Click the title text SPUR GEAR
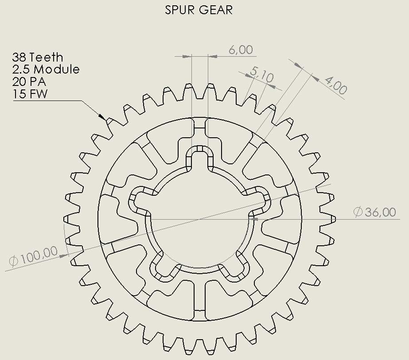199,10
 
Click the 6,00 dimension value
241,50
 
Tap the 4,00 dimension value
336,86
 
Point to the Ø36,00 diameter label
374,212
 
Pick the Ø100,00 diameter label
33,256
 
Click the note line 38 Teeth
38,57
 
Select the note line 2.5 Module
46,70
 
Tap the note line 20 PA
29,81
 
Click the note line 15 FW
30,94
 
